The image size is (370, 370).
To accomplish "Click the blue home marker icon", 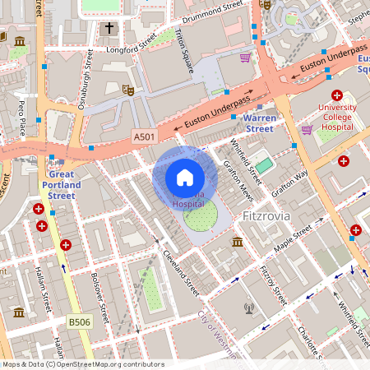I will click(185, 178).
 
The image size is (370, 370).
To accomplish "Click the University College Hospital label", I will click(338, 118).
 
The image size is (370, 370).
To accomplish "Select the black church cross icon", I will click(109, 28).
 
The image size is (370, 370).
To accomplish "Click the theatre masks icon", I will click(127, 88).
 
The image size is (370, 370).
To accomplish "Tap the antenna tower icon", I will click(249, 309).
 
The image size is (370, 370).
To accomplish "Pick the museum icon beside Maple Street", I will click(238, 242).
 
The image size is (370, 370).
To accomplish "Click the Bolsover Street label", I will click(99, 297).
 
